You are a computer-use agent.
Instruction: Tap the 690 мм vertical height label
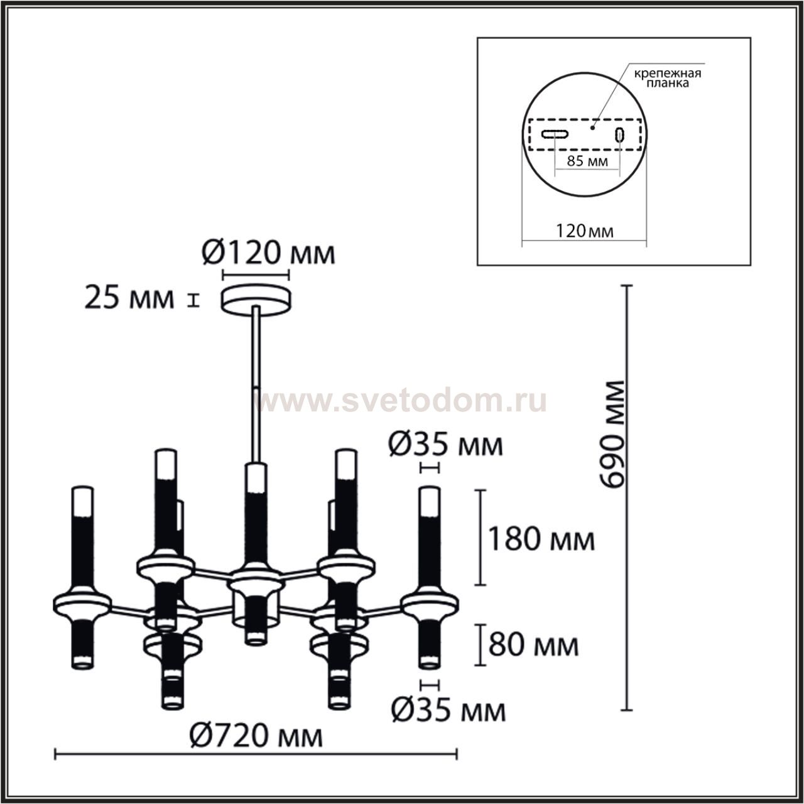[x=612, y=434]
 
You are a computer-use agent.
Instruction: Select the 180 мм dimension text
[x=541, y=540]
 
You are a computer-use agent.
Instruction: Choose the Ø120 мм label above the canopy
[x=268, y=253]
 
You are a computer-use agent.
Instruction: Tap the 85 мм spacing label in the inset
[x=587, y=161]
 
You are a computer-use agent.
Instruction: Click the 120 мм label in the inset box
[x=585, y=231]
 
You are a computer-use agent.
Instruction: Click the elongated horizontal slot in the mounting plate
[x=555, y=134]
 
